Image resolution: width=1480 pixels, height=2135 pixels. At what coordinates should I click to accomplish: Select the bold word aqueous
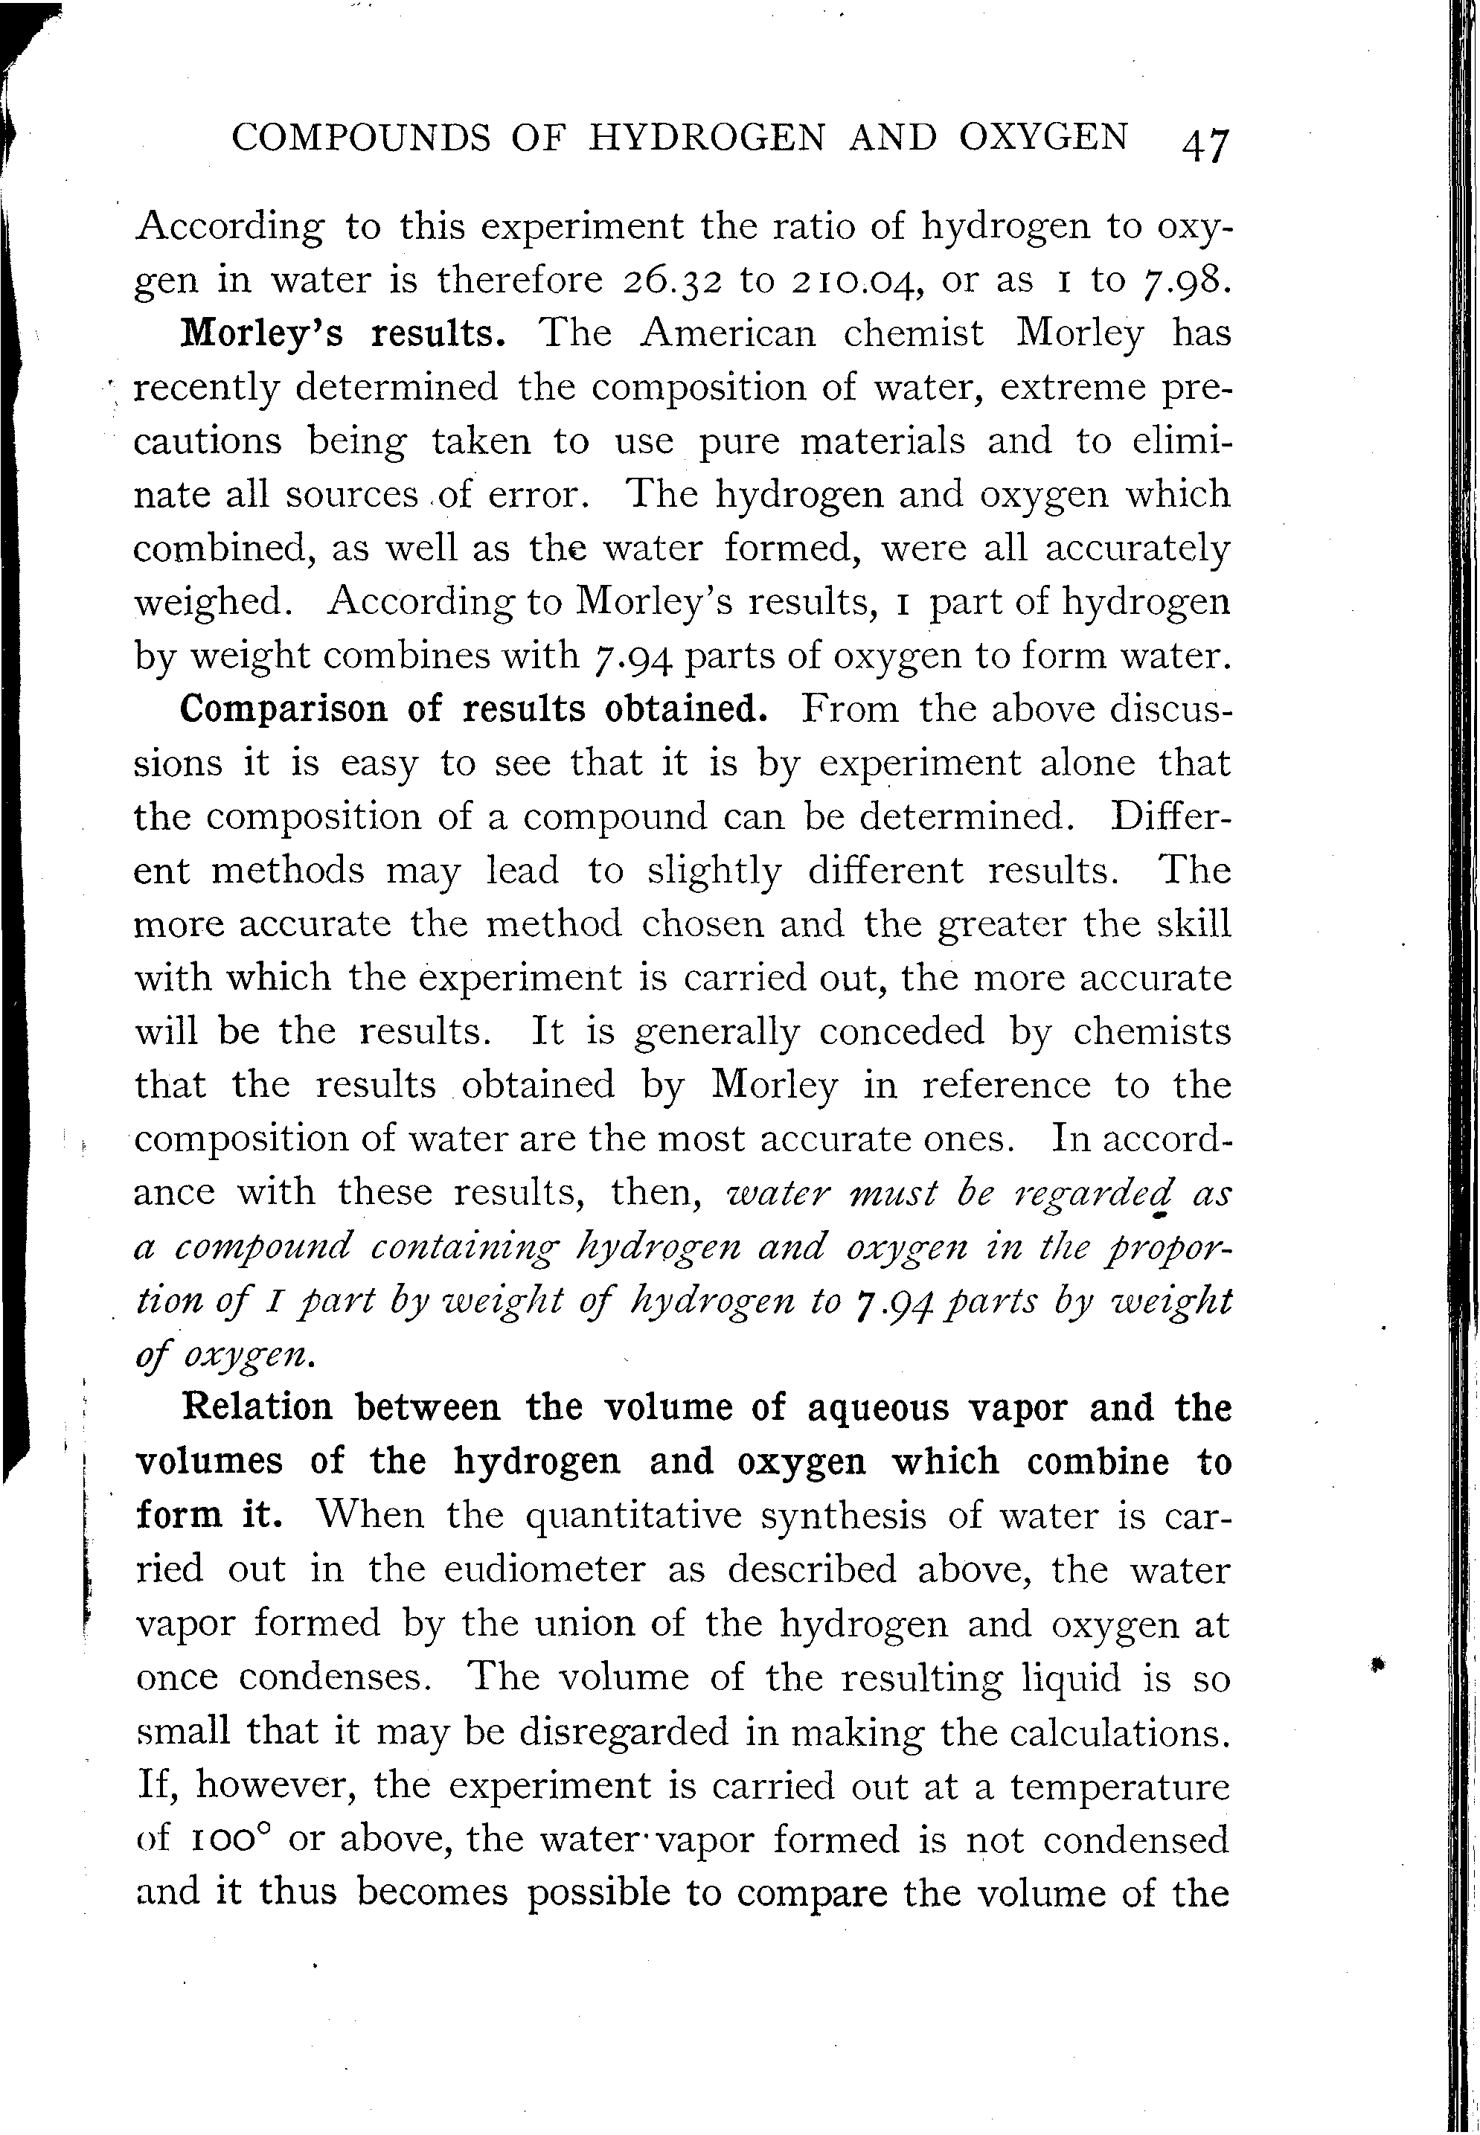(x=879, y=1408)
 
